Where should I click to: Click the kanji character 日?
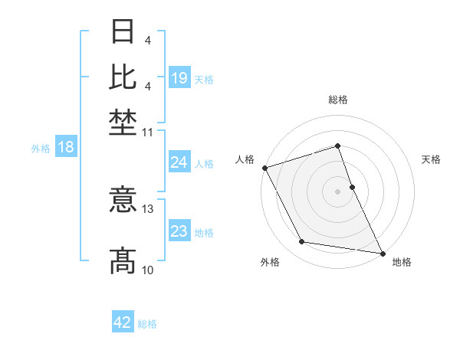(x=123, y=31)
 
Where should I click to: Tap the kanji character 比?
(x=123, y=77)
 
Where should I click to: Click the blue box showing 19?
(x=179, y=78)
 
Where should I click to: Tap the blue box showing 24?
(x=179, y=162)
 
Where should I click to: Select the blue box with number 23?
(x=179, y=231)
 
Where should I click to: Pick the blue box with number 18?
(x=66, y=147)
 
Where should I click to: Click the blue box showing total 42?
(x=123, y=322)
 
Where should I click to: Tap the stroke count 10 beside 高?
(x=148, y=270)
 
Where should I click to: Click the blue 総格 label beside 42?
(x=147, y=324)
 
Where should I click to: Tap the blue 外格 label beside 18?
(x=41, y=149)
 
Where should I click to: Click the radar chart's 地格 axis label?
(x=402, y=262)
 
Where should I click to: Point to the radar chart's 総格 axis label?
(x=338, y=100)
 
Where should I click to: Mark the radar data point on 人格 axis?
(x=264, y=167)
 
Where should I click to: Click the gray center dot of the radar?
(x=338, y=191)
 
